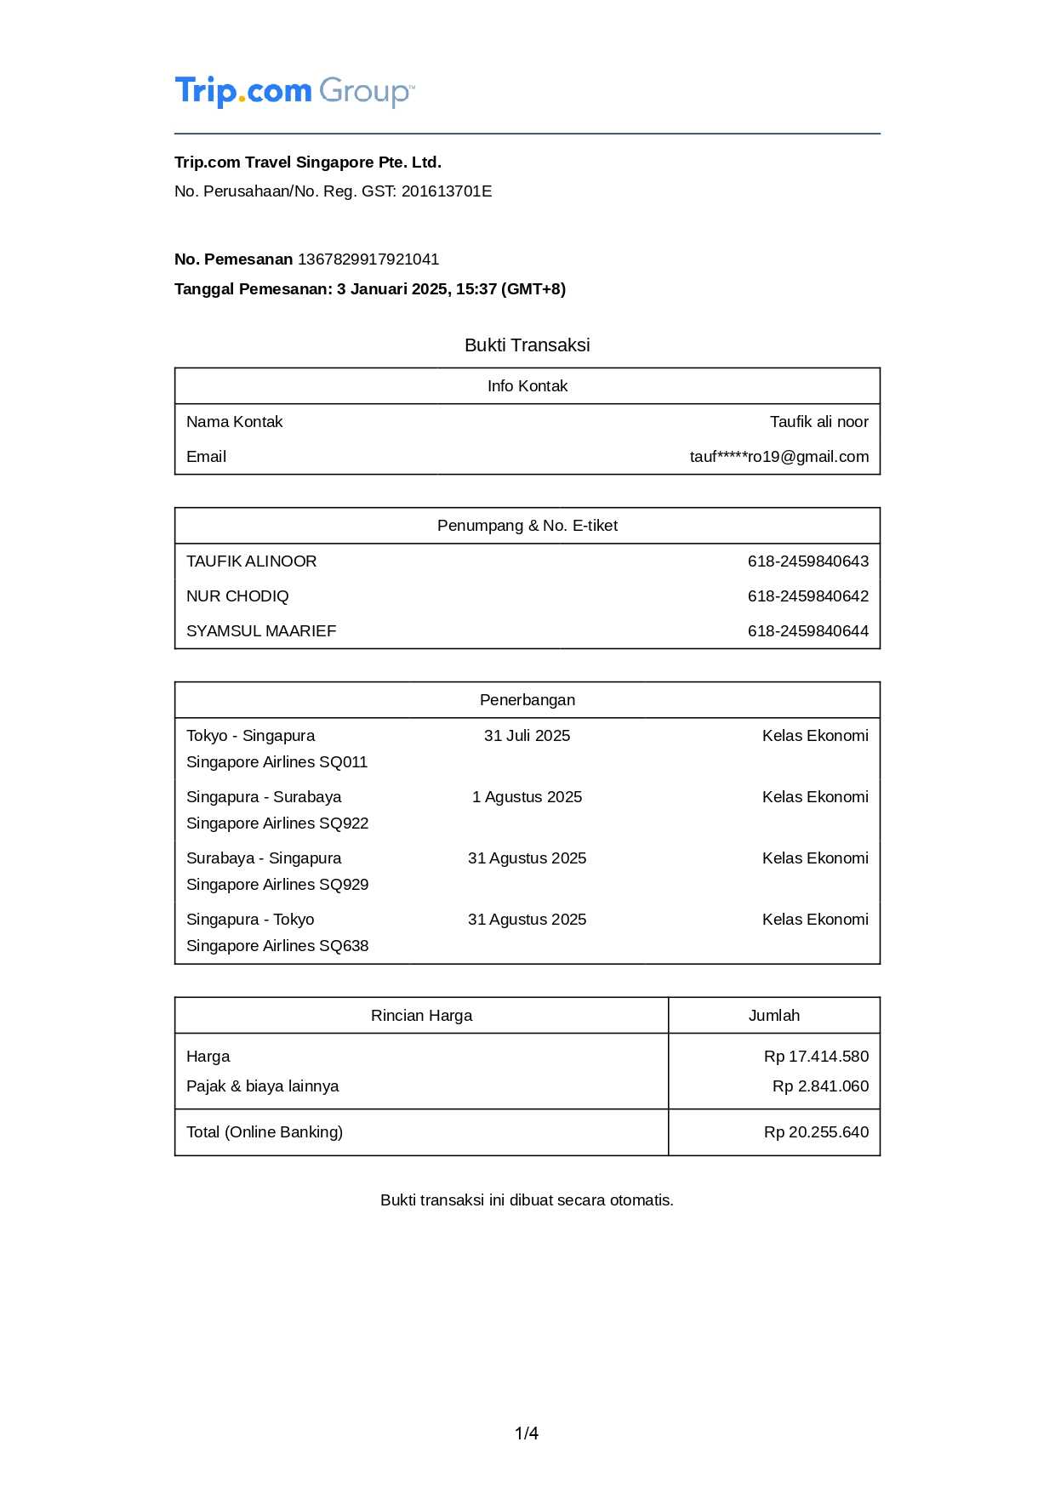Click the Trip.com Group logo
point(294,91)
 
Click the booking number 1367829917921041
point(368,259)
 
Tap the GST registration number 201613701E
point(447,191)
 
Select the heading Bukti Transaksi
point(527,345)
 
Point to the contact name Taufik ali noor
point(818,422)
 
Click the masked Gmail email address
point(778,457)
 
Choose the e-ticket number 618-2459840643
point(807,561)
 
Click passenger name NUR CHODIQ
point(237,596)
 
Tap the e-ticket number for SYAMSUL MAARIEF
point(807,631)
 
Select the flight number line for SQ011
point(277,762)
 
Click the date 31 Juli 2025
point(527,736)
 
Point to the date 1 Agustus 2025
point(527,797)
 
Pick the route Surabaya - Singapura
point(264,858)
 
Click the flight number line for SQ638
point(277,946)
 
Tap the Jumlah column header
point(773,1016)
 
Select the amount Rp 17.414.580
point(816,1057)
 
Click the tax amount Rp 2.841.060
point(820,1086)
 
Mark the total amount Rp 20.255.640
point(816,1132)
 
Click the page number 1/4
point(527,1433)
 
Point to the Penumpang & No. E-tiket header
point(527,526)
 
